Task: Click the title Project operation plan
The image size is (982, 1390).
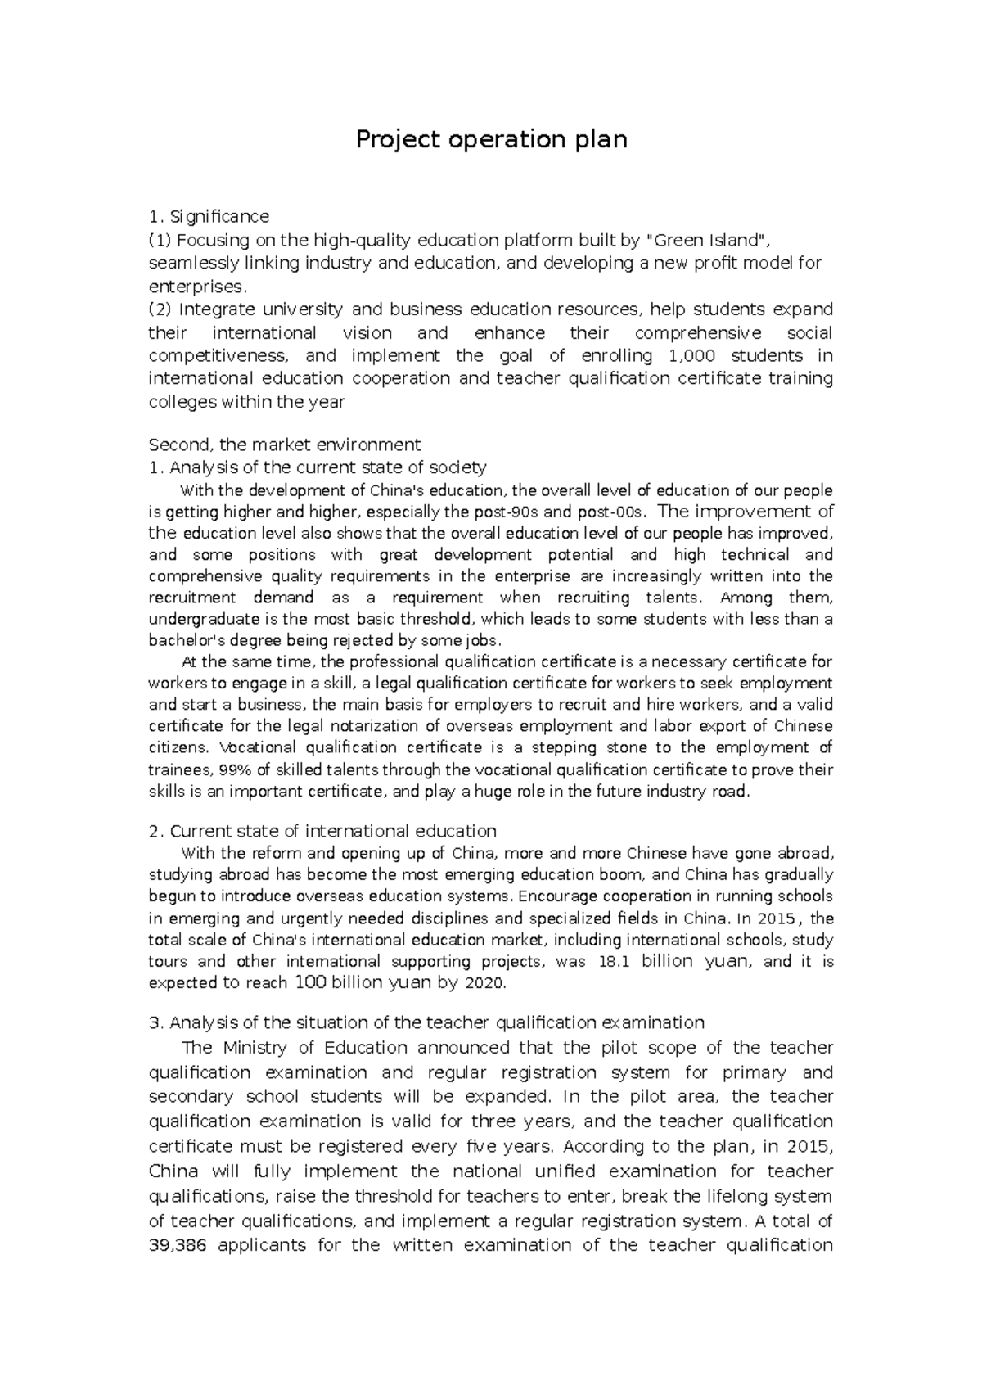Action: click(x=491, y=140)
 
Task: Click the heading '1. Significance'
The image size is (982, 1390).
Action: click(x=209, y=216)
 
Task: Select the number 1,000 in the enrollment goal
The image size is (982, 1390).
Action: click(x=691, y=355)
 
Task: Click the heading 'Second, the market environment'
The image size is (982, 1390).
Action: click(x=284, y=445)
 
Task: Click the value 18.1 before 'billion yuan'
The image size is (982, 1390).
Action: click(x=614, y=962)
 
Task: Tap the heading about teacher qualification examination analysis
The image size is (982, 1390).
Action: click(x=426, y=1022)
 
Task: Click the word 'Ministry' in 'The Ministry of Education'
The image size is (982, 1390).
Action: click(x=255, y=1048)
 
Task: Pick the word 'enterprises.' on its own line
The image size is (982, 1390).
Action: click(x=196, y=287)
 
